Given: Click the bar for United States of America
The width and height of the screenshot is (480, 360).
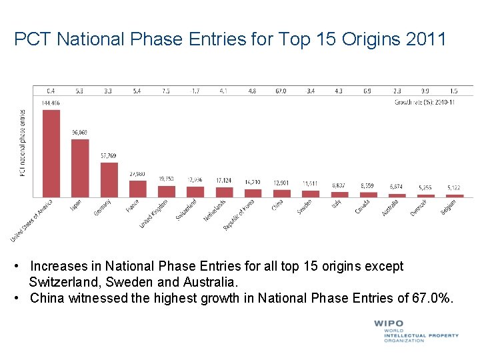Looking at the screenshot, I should coord(51,153).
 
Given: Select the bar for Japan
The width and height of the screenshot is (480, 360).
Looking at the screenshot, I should coord(80,168).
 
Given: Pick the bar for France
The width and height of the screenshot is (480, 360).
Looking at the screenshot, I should coord(137,189).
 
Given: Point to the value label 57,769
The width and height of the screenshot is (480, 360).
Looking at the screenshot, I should coord(109,156).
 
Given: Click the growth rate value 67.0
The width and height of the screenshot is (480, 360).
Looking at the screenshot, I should coord(281,91).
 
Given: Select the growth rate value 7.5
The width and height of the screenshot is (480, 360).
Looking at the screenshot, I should coord(166,91).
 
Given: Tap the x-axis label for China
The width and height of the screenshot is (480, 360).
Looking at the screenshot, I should coord(277,206).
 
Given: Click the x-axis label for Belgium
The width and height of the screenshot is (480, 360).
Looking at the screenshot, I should coord(449,207).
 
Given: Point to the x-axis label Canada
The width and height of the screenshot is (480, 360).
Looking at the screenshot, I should coord(363,207).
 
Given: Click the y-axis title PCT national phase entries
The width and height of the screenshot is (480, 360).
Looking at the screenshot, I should coord(22,143).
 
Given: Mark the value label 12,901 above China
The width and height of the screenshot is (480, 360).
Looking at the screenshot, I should coord(281,183).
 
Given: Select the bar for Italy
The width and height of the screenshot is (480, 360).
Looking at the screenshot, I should coord(339,195).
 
